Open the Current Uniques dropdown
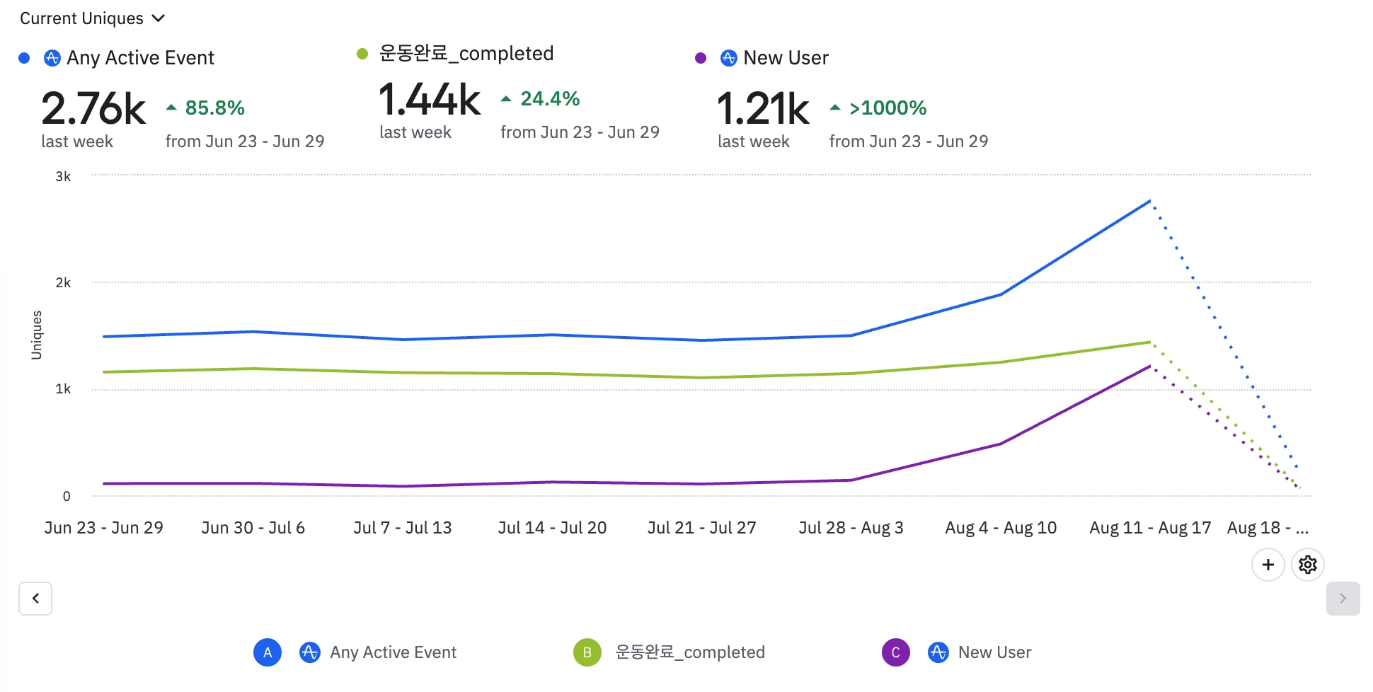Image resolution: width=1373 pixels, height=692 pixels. pos(92,18)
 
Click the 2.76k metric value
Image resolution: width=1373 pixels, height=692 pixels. pos(93,109)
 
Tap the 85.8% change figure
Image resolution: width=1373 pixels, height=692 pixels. pos(214,108)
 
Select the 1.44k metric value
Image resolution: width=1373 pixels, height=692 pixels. pos(430,100)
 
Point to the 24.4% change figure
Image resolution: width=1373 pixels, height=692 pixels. pos(550,99)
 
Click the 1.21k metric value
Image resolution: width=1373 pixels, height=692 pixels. pos(763,109)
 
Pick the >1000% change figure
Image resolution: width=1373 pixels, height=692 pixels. pos(887,108)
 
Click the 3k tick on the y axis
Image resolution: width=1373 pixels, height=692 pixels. pos(63,177)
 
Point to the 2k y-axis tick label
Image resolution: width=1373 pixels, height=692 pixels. pos(63,283)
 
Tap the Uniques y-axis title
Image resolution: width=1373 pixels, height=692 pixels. pos(37,335)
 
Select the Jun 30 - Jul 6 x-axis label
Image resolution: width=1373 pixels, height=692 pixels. pos(253,528)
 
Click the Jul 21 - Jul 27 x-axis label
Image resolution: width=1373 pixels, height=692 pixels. pos(701,528)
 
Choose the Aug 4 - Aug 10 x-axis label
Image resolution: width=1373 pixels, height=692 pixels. pos(1001,528)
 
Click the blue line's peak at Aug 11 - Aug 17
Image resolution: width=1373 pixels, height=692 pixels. pos(1150,201)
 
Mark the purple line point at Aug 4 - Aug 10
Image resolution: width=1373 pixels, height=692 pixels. pos(1001,444)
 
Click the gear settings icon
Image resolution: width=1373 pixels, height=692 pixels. pos(1308,565)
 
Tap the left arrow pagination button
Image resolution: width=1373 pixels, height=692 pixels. pos(35,599)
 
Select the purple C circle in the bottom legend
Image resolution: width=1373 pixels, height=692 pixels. pos(896,652)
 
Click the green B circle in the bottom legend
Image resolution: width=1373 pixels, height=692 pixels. pos(587,652)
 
